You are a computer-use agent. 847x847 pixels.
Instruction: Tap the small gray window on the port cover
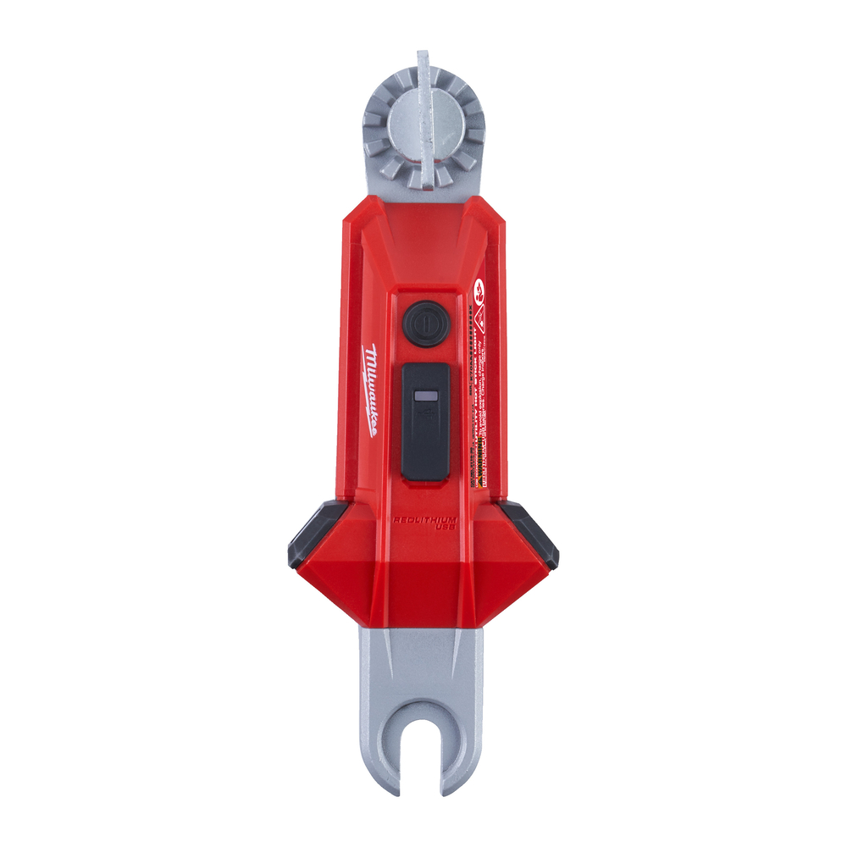pos(424,396)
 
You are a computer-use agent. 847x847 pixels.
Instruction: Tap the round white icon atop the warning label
pos(479,288)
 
